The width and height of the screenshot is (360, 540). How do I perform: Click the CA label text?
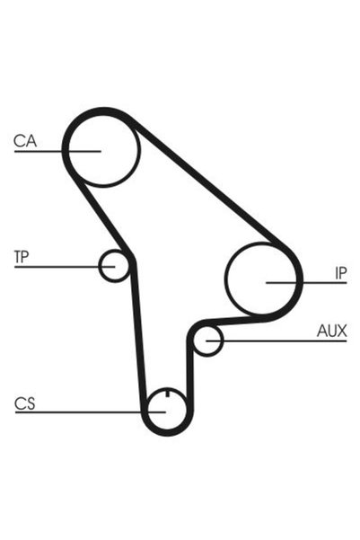coord(25,141)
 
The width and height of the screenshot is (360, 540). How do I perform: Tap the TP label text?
coord(22,257)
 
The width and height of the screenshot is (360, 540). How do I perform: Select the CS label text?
coord(25,403)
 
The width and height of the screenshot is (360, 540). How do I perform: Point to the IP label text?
coord(341,273)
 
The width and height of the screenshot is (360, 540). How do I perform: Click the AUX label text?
coord(332,331)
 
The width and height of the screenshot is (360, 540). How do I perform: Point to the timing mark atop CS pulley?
coord(167,393)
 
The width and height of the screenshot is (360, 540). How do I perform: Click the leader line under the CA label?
coord(57,151)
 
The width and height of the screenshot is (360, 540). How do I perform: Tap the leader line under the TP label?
coord(65,267)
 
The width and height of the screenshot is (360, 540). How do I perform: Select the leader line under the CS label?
coord(91,412)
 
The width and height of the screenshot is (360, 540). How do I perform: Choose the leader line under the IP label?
coord(306,283)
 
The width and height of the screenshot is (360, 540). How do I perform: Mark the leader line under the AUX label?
coord(277,341)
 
